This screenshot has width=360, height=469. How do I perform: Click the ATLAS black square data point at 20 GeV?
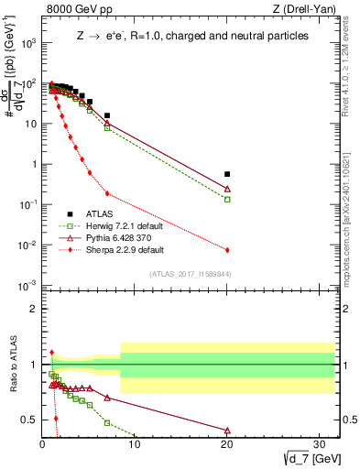227,174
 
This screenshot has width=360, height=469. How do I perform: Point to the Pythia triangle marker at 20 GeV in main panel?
227,189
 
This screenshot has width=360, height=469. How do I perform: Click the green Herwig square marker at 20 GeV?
227,199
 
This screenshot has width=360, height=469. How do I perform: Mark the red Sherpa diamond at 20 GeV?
227,249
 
